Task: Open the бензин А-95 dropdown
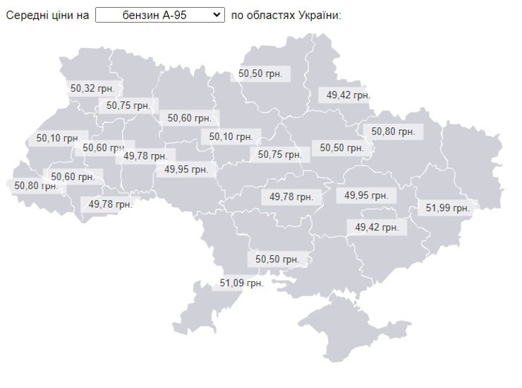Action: click(x=159, y=15)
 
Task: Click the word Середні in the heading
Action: click(x=28, y=15)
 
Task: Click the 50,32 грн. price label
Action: click(x=92, y=89)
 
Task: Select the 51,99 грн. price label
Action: click(x=448, y=208)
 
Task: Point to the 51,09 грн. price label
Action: click(x=241, y=283)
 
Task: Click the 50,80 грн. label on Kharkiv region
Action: click(x=392, y=131)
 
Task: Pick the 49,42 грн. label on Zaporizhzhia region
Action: click(x=377, y=227)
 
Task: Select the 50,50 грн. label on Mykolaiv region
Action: click(x=277, y=259)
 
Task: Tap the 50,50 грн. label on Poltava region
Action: click(x=341, y=148)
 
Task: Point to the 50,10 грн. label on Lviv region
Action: click(x=57, y=139)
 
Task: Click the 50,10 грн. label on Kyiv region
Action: click(x=231, y=136)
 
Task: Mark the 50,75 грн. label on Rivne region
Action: click(x=128, y=105)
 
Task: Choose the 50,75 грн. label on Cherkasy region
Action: click(x=279, y=154)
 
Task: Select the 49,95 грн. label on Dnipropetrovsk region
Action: click(x=366, y=195)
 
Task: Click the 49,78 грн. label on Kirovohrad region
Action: click(x=291, y=196)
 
